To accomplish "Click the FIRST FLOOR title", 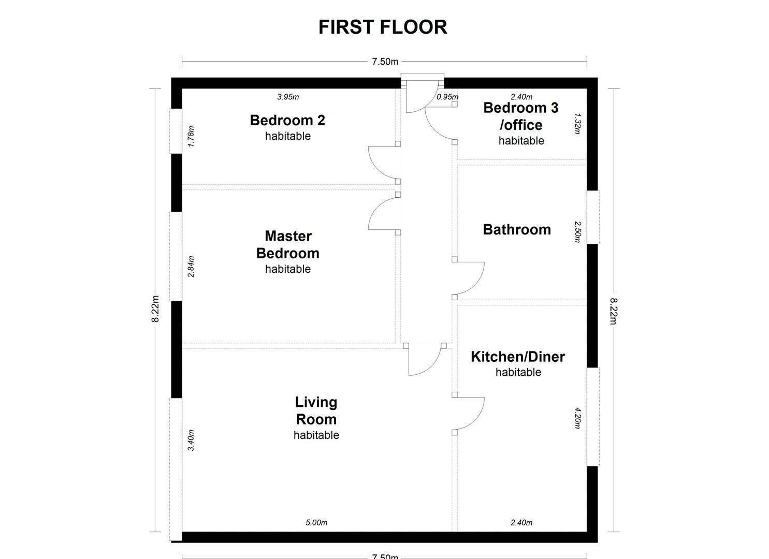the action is click(x=383, y=27).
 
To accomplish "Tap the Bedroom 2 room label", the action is click(x=287, y=121).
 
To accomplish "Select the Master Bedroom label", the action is click(x=288, y=245).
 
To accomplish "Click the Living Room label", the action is click(x=316, y=410).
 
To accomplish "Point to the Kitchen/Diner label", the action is click(x=517, y=357).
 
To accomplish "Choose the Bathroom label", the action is click(x=517, y=230).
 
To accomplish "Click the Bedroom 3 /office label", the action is click(x=521, y=116).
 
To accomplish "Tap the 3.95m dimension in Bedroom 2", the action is click(x=288, y=97).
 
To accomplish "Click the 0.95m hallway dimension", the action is click(x=447, y=97).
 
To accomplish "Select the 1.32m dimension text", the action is click(x=578, y=124).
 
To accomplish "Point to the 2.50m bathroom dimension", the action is click(x=578, y=232).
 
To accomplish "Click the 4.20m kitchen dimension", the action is click(x=578, y=419).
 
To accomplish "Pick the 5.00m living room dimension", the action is click(x=316, y=523).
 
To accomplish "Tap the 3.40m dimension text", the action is click(x=191, y=440).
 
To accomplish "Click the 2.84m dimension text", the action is click(x=191, y=267).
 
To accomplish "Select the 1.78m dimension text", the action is click(x=191, y=137).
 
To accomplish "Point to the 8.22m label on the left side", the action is click(x=155, y=309).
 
